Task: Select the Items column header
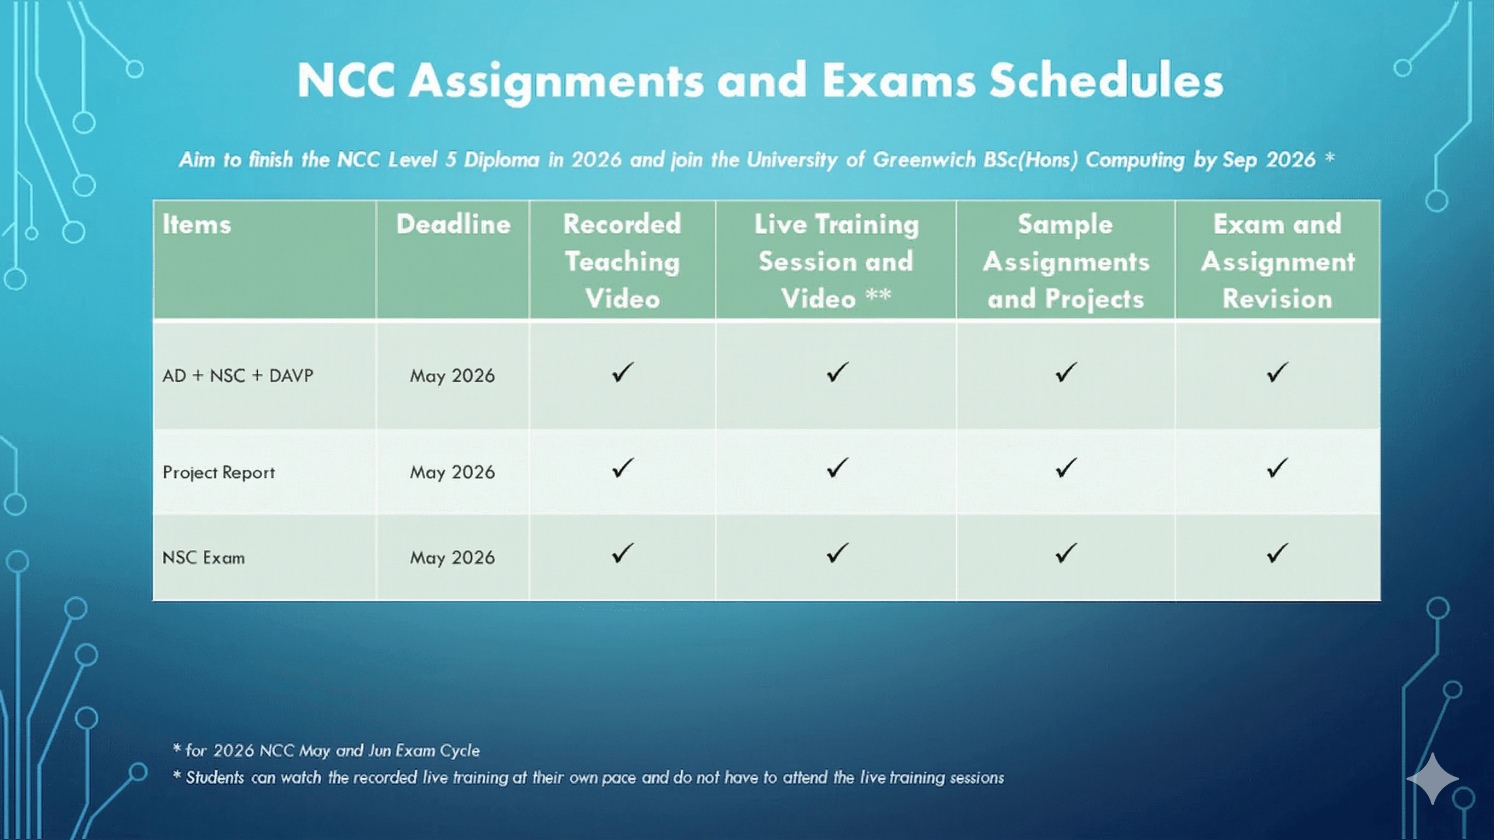196,224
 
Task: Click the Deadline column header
453,224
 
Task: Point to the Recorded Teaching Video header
622,261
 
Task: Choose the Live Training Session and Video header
836,261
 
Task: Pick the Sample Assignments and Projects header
1066,261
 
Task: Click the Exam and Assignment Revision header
1278,261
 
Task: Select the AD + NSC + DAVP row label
238,376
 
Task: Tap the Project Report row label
219,473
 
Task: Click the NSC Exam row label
204,558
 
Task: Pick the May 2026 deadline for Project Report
453,473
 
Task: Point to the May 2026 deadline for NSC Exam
453,558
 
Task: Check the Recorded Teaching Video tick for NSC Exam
622,553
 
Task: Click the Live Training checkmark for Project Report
837,468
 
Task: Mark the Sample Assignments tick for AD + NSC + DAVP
1066,372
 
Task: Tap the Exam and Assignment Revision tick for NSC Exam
1278,553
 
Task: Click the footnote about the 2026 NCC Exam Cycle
327,751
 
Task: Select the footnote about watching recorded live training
588,778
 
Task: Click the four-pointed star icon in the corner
1433,779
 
